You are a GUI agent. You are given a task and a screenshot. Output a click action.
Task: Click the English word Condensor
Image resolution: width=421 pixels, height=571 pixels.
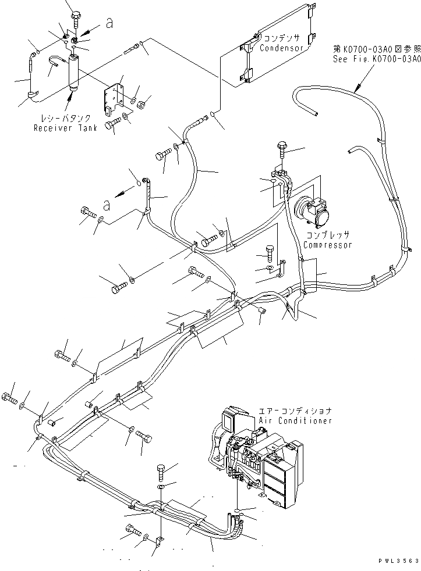tap(282, 48)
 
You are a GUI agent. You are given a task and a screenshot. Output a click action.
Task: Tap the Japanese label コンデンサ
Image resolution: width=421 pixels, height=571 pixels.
tap(282, 38)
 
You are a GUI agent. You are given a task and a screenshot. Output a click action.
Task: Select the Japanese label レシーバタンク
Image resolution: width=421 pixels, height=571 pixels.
tap(63, 119)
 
